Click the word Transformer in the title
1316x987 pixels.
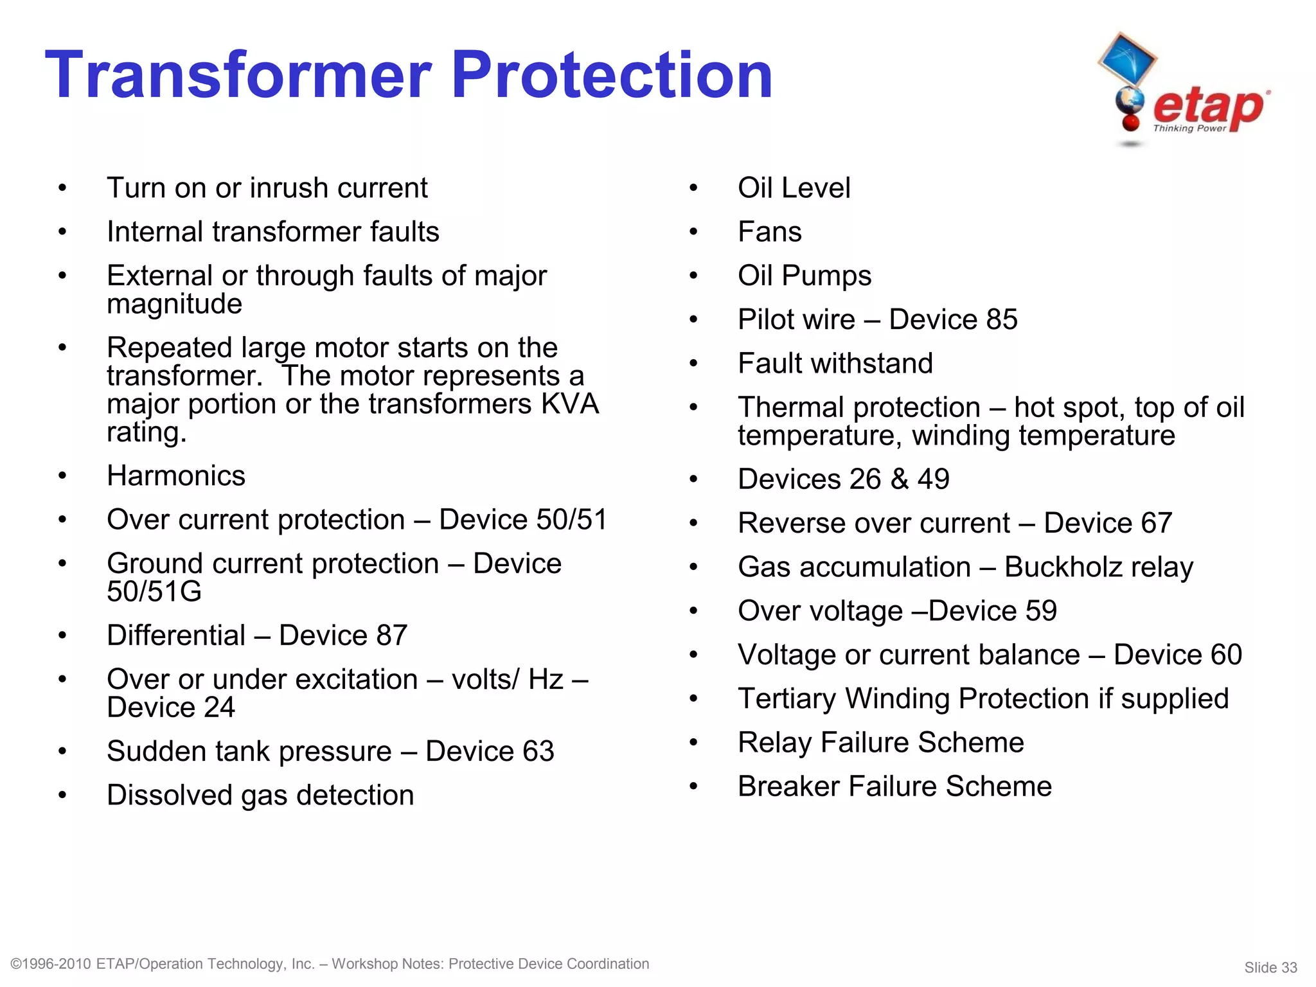coord(238,76)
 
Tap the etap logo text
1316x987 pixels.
coord(1208,107)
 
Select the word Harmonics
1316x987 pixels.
coord(176,476)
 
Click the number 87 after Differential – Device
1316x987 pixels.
coord(391,636)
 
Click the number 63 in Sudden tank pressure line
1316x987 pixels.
coord(538,751)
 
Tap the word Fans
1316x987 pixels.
coord(769,232)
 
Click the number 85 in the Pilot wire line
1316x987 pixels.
coord(1001,319)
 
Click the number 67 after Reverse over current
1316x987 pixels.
coord(1156,523)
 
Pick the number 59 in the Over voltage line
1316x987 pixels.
coord(1040,611)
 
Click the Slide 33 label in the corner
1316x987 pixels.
coord(1270,968)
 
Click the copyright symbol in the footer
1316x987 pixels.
coord(17,964)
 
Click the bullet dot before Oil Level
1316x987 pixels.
coord(693,188)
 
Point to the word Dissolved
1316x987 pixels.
coord(169,796)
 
